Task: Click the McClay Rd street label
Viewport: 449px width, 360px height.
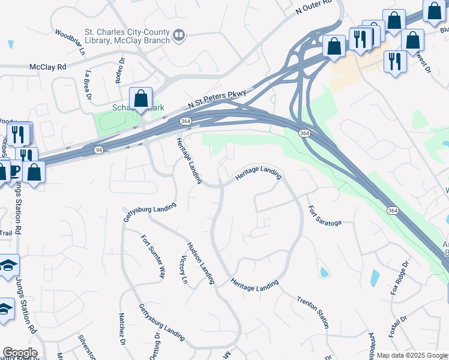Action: pos(47,67)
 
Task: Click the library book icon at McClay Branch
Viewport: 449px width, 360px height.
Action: pos(178,36)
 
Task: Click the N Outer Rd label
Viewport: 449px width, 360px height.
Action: pos(314,7)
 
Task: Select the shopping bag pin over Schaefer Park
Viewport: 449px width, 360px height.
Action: pos(140,98)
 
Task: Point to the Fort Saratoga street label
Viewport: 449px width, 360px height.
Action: pos(325,216)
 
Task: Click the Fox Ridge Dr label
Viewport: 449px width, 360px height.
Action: pos(399,277)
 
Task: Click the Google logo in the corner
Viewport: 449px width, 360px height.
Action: pos(20,353)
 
